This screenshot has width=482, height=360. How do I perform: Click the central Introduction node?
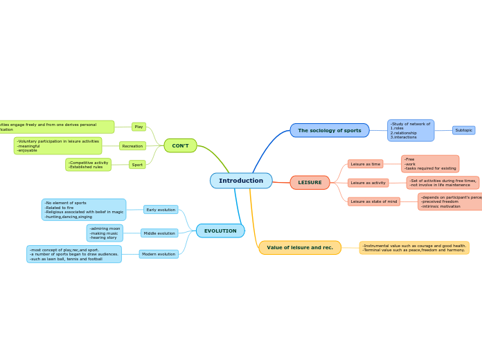coord(241,181)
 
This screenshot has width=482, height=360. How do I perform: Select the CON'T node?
coord(180,145)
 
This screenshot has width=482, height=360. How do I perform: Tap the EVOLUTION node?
coord(220,231)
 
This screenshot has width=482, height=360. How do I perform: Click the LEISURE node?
coord(310,183)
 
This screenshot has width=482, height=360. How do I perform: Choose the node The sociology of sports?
coord(330,130)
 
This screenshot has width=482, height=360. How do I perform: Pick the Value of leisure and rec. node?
coord(300,247)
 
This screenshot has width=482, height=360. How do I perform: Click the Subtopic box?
coord(464,130)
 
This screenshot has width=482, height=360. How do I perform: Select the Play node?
coord(139,127)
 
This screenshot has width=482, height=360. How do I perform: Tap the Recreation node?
coord(132,146)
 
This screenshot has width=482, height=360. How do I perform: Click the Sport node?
coord(137,165)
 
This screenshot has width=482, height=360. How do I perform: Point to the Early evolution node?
coord(161,210)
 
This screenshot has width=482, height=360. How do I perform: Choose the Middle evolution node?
coord(159,233)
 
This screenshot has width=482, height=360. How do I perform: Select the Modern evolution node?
coord(159,254)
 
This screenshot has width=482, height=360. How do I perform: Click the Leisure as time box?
coord(365,164)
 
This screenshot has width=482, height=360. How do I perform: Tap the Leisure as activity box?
coord(368,183)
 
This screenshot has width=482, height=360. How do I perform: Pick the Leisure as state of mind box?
coord(374,201)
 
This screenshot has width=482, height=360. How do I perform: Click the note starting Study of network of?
coord(411,130)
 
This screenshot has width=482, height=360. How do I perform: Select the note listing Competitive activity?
coord(88,165)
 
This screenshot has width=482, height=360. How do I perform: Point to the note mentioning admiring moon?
coord(105,233)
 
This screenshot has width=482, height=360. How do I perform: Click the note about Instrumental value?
coord(414,248)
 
